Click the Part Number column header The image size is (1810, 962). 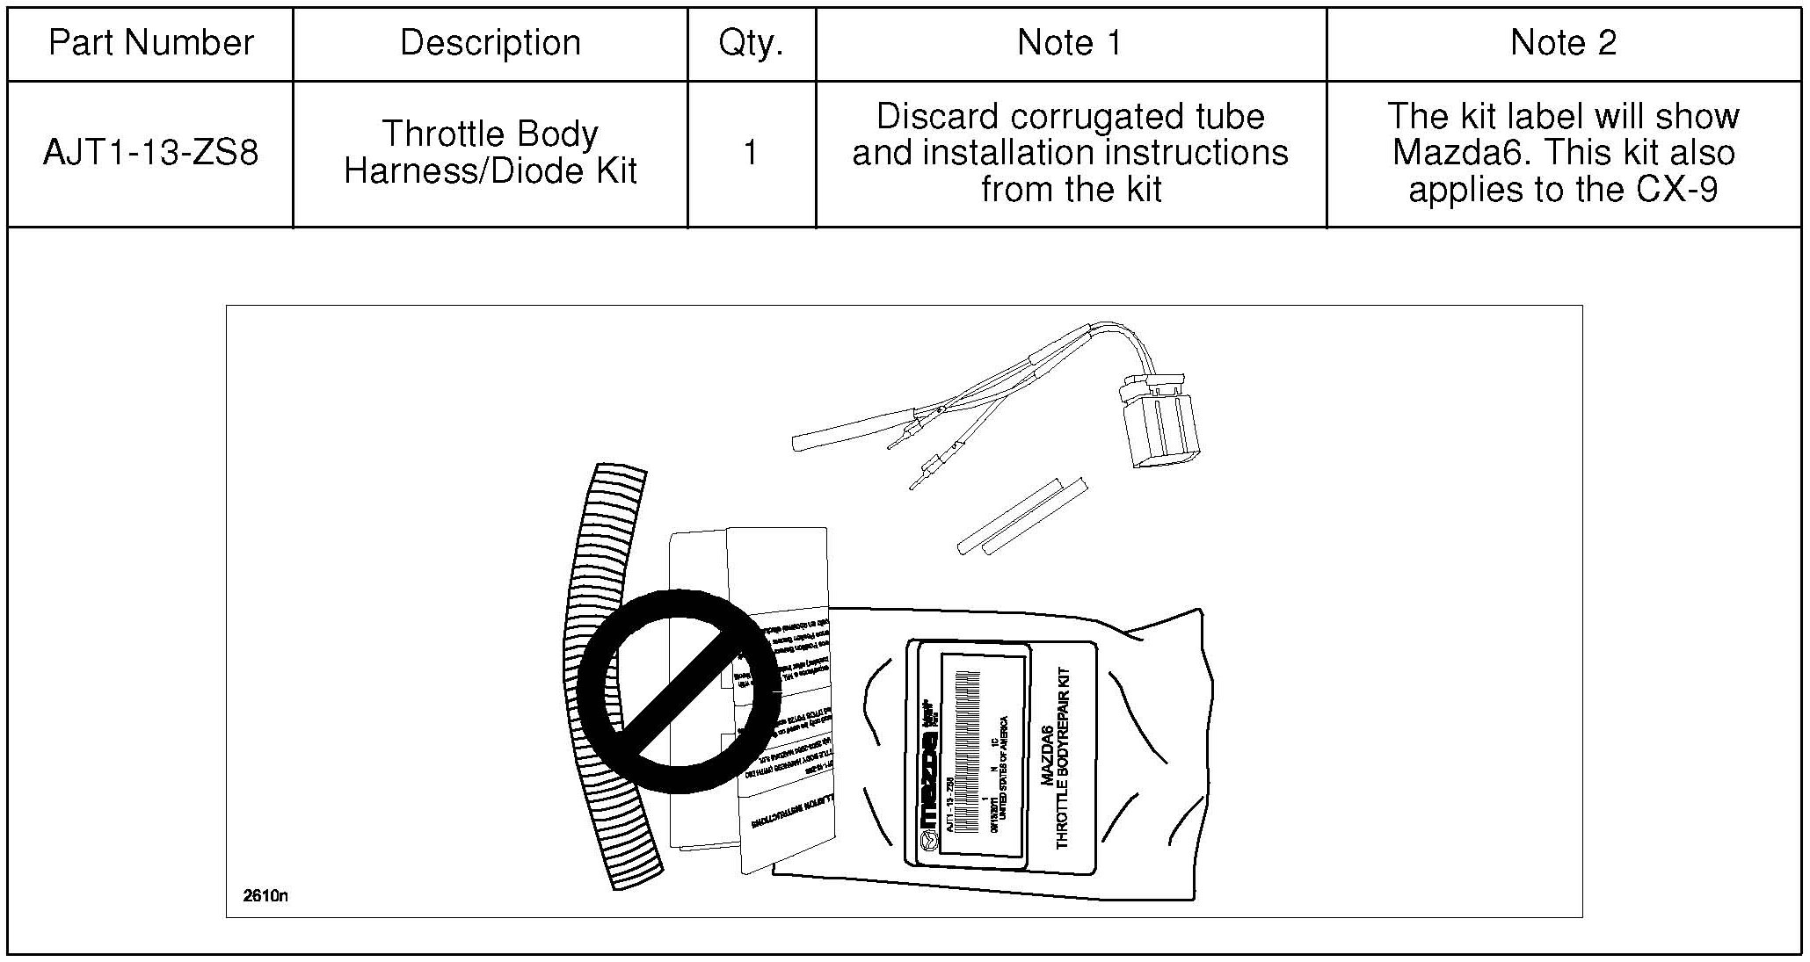tap(150, 43)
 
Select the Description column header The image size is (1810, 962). tap(490, 43)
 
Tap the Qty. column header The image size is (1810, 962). tap(751, 43)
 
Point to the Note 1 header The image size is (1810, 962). tap(1069, 43)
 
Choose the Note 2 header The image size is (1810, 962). tap(1562, 43)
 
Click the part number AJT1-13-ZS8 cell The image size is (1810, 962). tap(150, 154)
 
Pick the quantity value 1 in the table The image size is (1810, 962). tap(750, 154)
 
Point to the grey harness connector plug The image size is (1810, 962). tap(1158, 421)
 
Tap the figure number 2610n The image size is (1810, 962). tap(265, 895)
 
